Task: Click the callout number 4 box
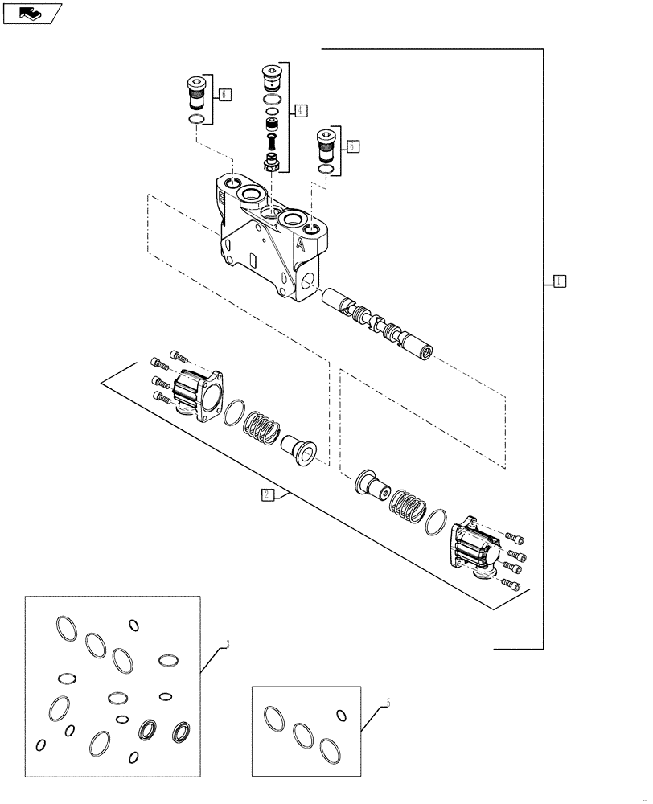pos(300,110)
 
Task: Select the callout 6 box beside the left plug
pos(224,95)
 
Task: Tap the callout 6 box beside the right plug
pos(353,146)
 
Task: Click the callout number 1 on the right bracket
pos(560,281)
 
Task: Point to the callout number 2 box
pos(268,494)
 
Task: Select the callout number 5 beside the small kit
pos(388,702)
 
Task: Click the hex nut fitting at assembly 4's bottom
pos(272,164)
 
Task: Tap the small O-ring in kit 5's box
pos(341,715)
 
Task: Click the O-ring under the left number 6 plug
pos(195,120)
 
